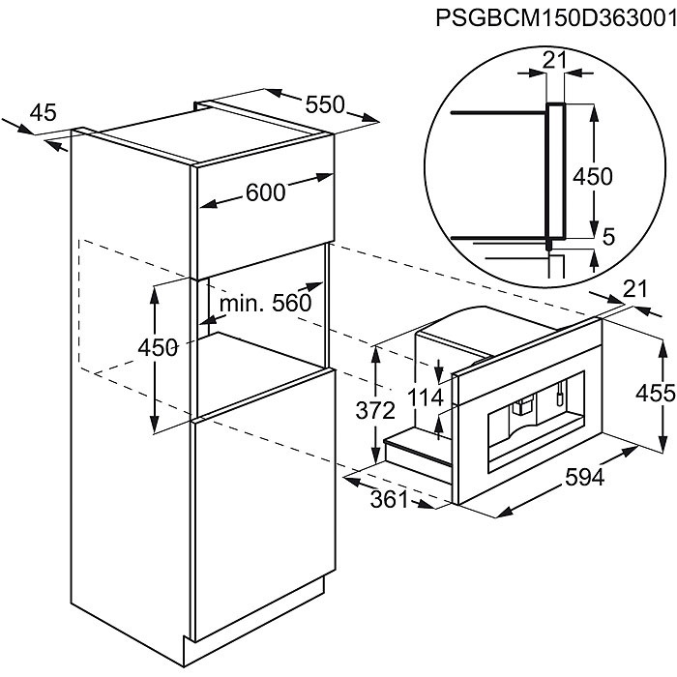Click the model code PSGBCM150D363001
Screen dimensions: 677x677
556,17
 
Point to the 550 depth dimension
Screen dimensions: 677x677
325,104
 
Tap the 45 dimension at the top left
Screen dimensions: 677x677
44,113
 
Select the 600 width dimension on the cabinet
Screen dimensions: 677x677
266,192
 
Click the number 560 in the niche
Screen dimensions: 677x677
291,303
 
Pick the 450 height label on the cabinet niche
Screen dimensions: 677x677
158,347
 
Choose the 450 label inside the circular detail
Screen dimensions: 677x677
592,176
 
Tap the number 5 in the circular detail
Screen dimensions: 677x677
608,236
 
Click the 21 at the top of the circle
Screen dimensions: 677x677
554,61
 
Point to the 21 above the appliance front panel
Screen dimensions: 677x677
635,289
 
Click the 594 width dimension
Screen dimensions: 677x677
585,478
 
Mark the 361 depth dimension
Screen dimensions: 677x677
390,500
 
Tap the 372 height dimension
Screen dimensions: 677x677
375,411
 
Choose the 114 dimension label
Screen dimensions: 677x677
426,397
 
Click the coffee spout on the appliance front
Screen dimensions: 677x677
521,406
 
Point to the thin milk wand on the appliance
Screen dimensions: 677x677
560,394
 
